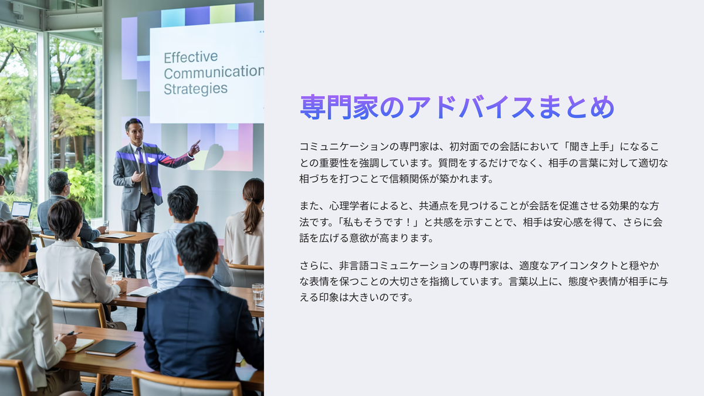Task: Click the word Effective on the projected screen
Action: [191, 57]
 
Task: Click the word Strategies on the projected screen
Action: [195, 89]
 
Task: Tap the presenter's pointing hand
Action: [195, 148]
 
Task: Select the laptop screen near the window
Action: [21, 209]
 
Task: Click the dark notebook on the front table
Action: [110, 347]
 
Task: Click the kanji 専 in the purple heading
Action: [313, 107]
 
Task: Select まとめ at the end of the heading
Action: [576, 107]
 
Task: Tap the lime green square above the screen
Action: [222, 14]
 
